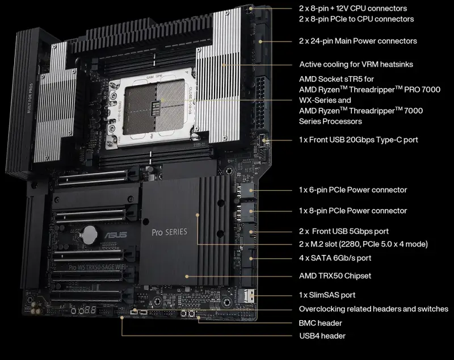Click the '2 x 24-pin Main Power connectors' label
click(358, 41)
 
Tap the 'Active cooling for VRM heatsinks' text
click(356, 64)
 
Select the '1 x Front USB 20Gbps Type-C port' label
click(359, 140)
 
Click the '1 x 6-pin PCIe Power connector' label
click(353, 190)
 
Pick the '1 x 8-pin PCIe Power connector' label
click(353, 211)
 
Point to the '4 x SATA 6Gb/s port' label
click(335, 258)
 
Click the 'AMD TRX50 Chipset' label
click(335, 276)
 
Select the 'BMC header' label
click(320, 323)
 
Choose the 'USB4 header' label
click(322, 336)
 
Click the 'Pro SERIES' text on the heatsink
click(169, 232)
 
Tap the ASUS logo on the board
click(116, 235)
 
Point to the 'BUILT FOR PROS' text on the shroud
click(30, 98)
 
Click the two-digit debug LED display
click(90, 310)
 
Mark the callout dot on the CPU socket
click(163, 100)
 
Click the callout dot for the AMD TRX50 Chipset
click(187, 277)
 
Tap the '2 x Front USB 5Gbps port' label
click(344, 232)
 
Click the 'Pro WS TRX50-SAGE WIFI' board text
click(97, 267)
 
